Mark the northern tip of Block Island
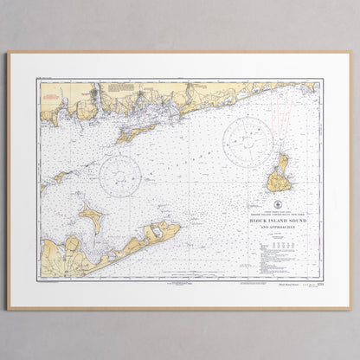[x=281, y=156]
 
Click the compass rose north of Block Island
[x=249, y=140]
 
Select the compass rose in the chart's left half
[x=120, y=177]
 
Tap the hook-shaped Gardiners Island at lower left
[x=92, y=217]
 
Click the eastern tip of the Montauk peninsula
[x=179, y=227]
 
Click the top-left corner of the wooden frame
[x=8, y=53]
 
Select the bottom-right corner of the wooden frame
[x=351, y=309]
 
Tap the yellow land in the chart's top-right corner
[x=306, y=87]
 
